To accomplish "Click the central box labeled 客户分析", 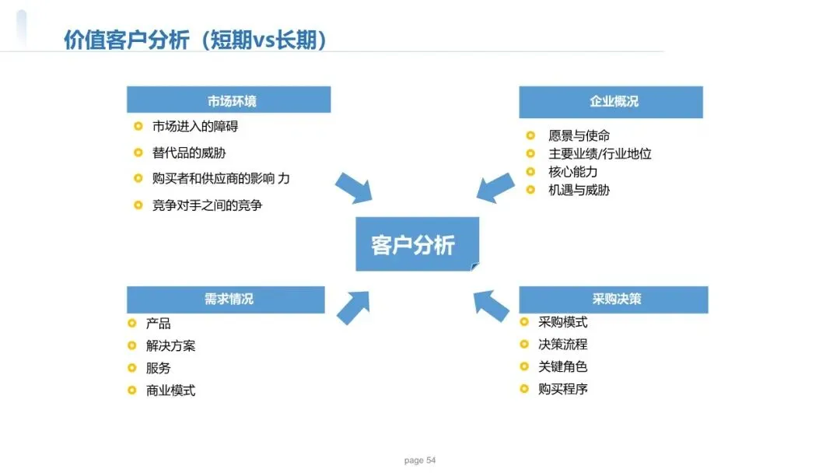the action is pyautogui.click(x=417, y=244).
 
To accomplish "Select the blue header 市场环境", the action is pyautogui.click(x=229, y=100).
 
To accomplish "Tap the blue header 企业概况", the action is pyautogui.click(x=611, y=101).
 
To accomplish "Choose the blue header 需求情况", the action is pyautogui.click(x=226, y=300).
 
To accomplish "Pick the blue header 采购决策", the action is pyautogui.click(x=613, y=300).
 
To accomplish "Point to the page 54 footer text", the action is pyautogui.click(x=420, y=461).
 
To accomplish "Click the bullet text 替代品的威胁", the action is pyautogui.click(x=189, y=152).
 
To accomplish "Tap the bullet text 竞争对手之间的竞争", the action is pyautogui.click(x=207, y=205).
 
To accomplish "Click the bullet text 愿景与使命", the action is pyautogui.click(x=579, y=135).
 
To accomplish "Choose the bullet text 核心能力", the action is pyautogui.click(x=572, y=171).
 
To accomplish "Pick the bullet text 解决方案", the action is pyautogui.click(x=170, y=345).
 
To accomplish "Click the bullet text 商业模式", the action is pyautogui.click(x=170, y=391).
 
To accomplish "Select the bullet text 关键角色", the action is pyautogui.click(x=562, y=366).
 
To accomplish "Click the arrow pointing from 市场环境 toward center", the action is pyautogui.click(x=354, y=189).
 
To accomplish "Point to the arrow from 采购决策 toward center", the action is pyautogui.click(x=492, y=304).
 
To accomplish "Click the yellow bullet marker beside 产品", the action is pyautogui.click(x=132, y=324).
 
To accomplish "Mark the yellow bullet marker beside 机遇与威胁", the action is pyautogui.click(x=530, y=190).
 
